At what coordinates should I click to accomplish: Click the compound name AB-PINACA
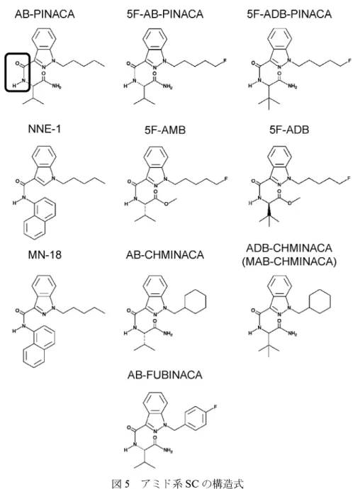pyautogui.click(x=45, y=14)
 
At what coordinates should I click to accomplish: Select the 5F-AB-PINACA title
pyautogui.click(x=165, y=14)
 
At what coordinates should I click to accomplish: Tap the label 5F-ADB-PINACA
pyautogui.click(x=289, y=14)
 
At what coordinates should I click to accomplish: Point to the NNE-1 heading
pyautogui.click(x=45, y=129)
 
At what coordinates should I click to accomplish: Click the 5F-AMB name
pyautogui.click(x=164, y=130)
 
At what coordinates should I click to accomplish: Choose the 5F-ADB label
pyautogui.click(x=289, y=130)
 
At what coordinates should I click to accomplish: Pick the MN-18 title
pyautogui.click(x=45, y=254)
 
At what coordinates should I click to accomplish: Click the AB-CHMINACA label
pyautogui.click(x=164, y=254)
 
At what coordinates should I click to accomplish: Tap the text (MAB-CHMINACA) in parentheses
pyautogui.click(x=289, y=261)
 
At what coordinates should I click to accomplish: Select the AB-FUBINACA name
pyautogui.click(x=164, y=375)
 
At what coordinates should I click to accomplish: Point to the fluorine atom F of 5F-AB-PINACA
pyautogui.click(x=225, y=62)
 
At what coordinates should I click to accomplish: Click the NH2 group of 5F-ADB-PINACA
pyautogui.click(x=292, y=86)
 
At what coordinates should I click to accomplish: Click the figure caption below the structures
pyautogui.click(x=177, y=483)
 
